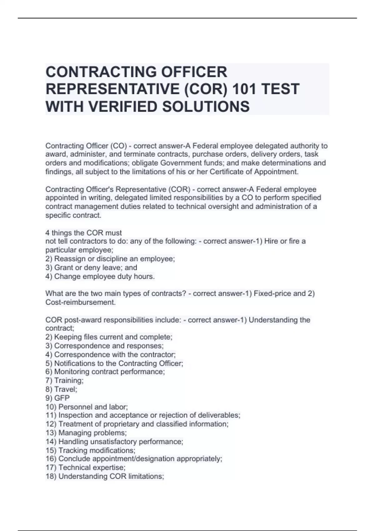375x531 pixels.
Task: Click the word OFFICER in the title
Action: [194, 72]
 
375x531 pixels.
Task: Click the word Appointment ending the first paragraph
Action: [276, 172]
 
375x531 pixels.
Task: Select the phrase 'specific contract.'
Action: [73, 215]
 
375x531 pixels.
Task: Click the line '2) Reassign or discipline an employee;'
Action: [110, 259]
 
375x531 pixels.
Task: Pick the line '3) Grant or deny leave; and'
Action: [91, 267]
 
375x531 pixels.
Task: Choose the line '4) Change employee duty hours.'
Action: [100, 276]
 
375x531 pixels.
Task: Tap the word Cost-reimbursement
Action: [80, 302]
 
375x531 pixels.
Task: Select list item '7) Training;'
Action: [64, 380]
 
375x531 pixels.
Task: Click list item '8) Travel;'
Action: [61, 389]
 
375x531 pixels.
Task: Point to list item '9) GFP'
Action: [57, 398]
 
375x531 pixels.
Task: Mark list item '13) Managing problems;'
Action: [86, 433]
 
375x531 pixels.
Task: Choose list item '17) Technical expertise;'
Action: [85, 468]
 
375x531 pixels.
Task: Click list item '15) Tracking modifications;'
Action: [90, 450]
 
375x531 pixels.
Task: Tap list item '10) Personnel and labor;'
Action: [87, 407]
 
